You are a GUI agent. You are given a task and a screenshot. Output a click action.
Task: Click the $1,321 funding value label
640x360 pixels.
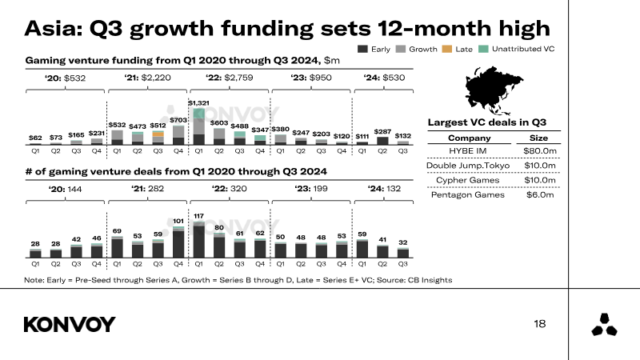click(x=198, y=103)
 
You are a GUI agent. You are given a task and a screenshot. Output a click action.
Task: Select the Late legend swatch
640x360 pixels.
click(x=446, y=49)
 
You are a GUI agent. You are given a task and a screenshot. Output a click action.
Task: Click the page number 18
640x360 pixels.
click(x=539, y=323)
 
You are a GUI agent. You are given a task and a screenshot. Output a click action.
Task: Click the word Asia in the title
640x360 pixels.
click(x=54, y=29)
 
